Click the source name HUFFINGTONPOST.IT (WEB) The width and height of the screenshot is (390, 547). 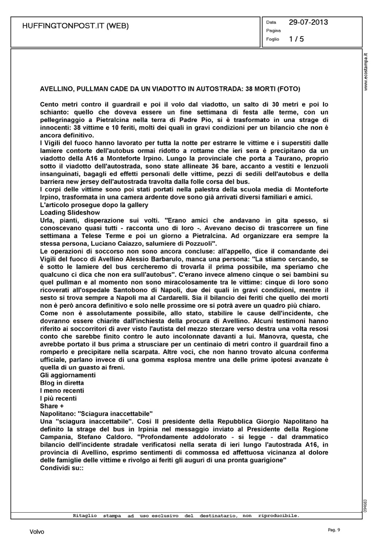[76, 26]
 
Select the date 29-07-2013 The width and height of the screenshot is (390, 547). [308, 22]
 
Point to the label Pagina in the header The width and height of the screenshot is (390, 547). [273, 31]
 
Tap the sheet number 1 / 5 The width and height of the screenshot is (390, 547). [296, 39]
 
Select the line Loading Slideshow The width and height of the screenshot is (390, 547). [70, 213]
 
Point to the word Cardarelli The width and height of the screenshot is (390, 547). [171, 298]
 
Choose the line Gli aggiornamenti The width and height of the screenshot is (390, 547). [68, 375]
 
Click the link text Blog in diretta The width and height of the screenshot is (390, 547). [62, 383]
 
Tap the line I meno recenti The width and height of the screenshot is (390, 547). [62, 391]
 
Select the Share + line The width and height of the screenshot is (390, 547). [52, 406]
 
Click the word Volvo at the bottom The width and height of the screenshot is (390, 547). [36, 532]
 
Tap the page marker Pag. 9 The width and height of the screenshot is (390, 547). [333, 530]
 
